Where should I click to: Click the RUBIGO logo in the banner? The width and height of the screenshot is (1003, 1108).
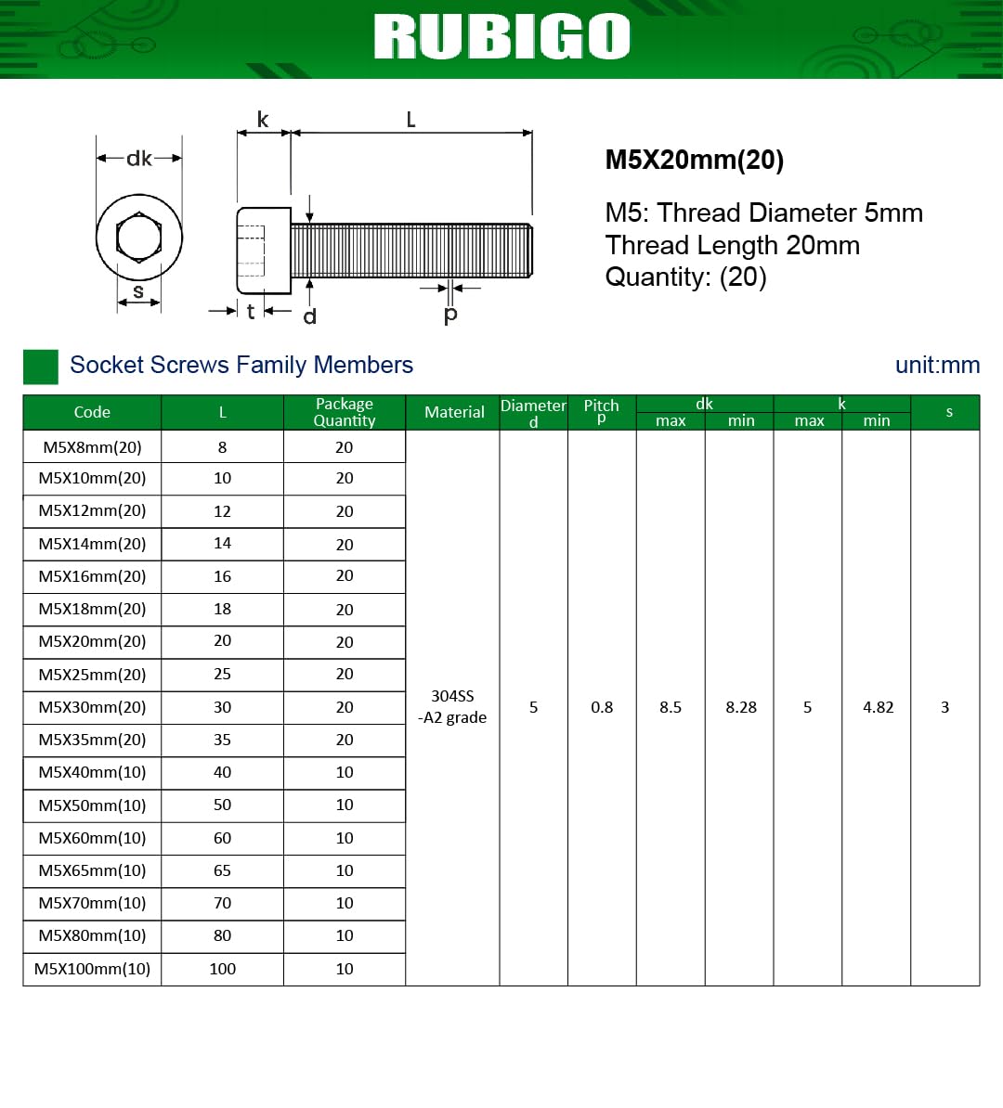click(501, 36)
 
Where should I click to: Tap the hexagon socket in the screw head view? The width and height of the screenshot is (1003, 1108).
click(138, 237)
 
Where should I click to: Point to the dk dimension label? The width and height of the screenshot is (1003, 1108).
click(138, 159)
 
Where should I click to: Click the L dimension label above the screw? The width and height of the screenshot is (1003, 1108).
click(411, 120)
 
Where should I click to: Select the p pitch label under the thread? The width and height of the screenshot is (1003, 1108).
click(449, 315)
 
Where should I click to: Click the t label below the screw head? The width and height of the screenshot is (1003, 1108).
click(251, 311)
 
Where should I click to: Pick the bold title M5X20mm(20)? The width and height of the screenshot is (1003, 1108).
click(694, 160)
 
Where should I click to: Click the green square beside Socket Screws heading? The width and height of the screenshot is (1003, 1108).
click(40, 367)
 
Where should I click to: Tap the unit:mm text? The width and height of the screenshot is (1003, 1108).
click(937, 365)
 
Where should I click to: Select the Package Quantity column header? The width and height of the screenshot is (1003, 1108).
click(345, 412)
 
